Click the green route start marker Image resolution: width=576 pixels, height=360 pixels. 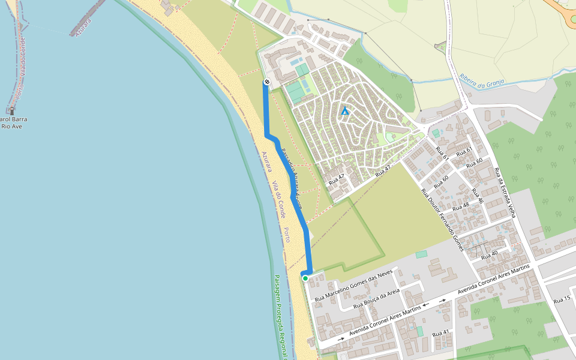[305, 278]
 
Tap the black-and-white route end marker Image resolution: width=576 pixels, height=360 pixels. [266, 82]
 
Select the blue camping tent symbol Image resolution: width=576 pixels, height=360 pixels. [344, 111]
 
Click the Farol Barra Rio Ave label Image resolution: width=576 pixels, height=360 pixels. [13, 122]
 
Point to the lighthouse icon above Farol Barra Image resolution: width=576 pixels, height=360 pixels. [11, 111]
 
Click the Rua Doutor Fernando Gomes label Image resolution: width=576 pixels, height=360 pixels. [442, 219]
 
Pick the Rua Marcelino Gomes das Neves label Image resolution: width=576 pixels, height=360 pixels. [353, 284]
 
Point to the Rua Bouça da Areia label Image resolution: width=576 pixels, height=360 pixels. [377, 298]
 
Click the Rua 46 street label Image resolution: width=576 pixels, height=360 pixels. [477, 196]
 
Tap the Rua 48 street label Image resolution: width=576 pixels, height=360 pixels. [462, 206]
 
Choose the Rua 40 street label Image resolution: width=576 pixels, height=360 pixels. [490, 253]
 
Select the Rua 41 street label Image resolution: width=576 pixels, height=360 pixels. [440, 332]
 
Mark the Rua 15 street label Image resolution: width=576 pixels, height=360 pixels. [562, 299]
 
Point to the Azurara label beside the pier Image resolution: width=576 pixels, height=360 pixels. [83, 27]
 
